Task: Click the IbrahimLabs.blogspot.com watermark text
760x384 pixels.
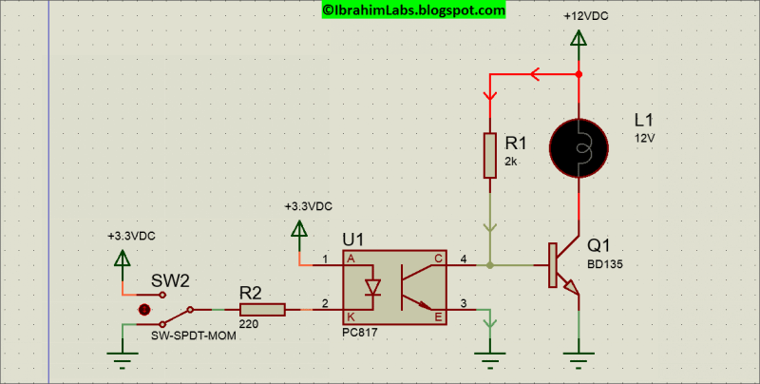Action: (413, 10)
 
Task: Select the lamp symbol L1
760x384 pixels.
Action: (578, 146)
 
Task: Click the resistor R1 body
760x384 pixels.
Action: (490, 155)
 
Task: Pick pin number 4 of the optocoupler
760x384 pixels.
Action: (464, 258)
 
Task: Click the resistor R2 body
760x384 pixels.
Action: (262, 309)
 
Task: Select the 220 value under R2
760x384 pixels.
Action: (248, 324)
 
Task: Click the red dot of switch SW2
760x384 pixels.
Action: (144, 310)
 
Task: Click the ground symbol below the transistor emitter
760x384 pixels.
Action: (579, 359)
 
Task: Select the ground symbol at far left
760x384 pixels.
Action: (121, 359)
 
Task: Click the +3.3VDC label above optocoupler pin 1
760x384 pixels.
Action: (308, 206)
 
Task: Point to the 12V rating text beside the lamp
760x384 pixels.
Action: (646, 137)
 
